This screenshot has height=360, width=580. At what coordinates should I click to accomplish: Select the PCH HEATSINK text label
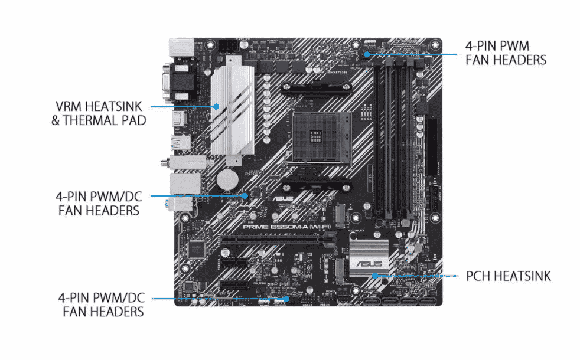point(507,275)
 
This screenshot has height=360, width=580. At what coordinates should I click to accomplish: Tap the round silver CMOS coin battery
point(227,178)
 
